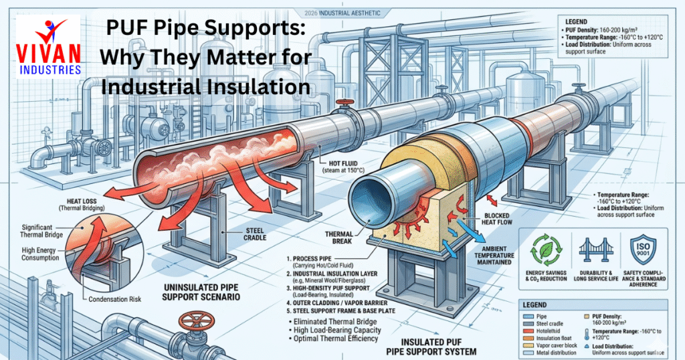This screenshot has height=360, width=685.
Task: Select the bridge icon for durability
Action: tap(592, 252)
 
